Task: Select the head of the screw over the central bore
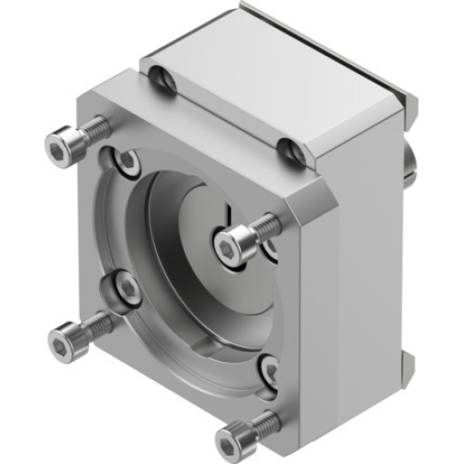pyautogui.click(x=228, y=245)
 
